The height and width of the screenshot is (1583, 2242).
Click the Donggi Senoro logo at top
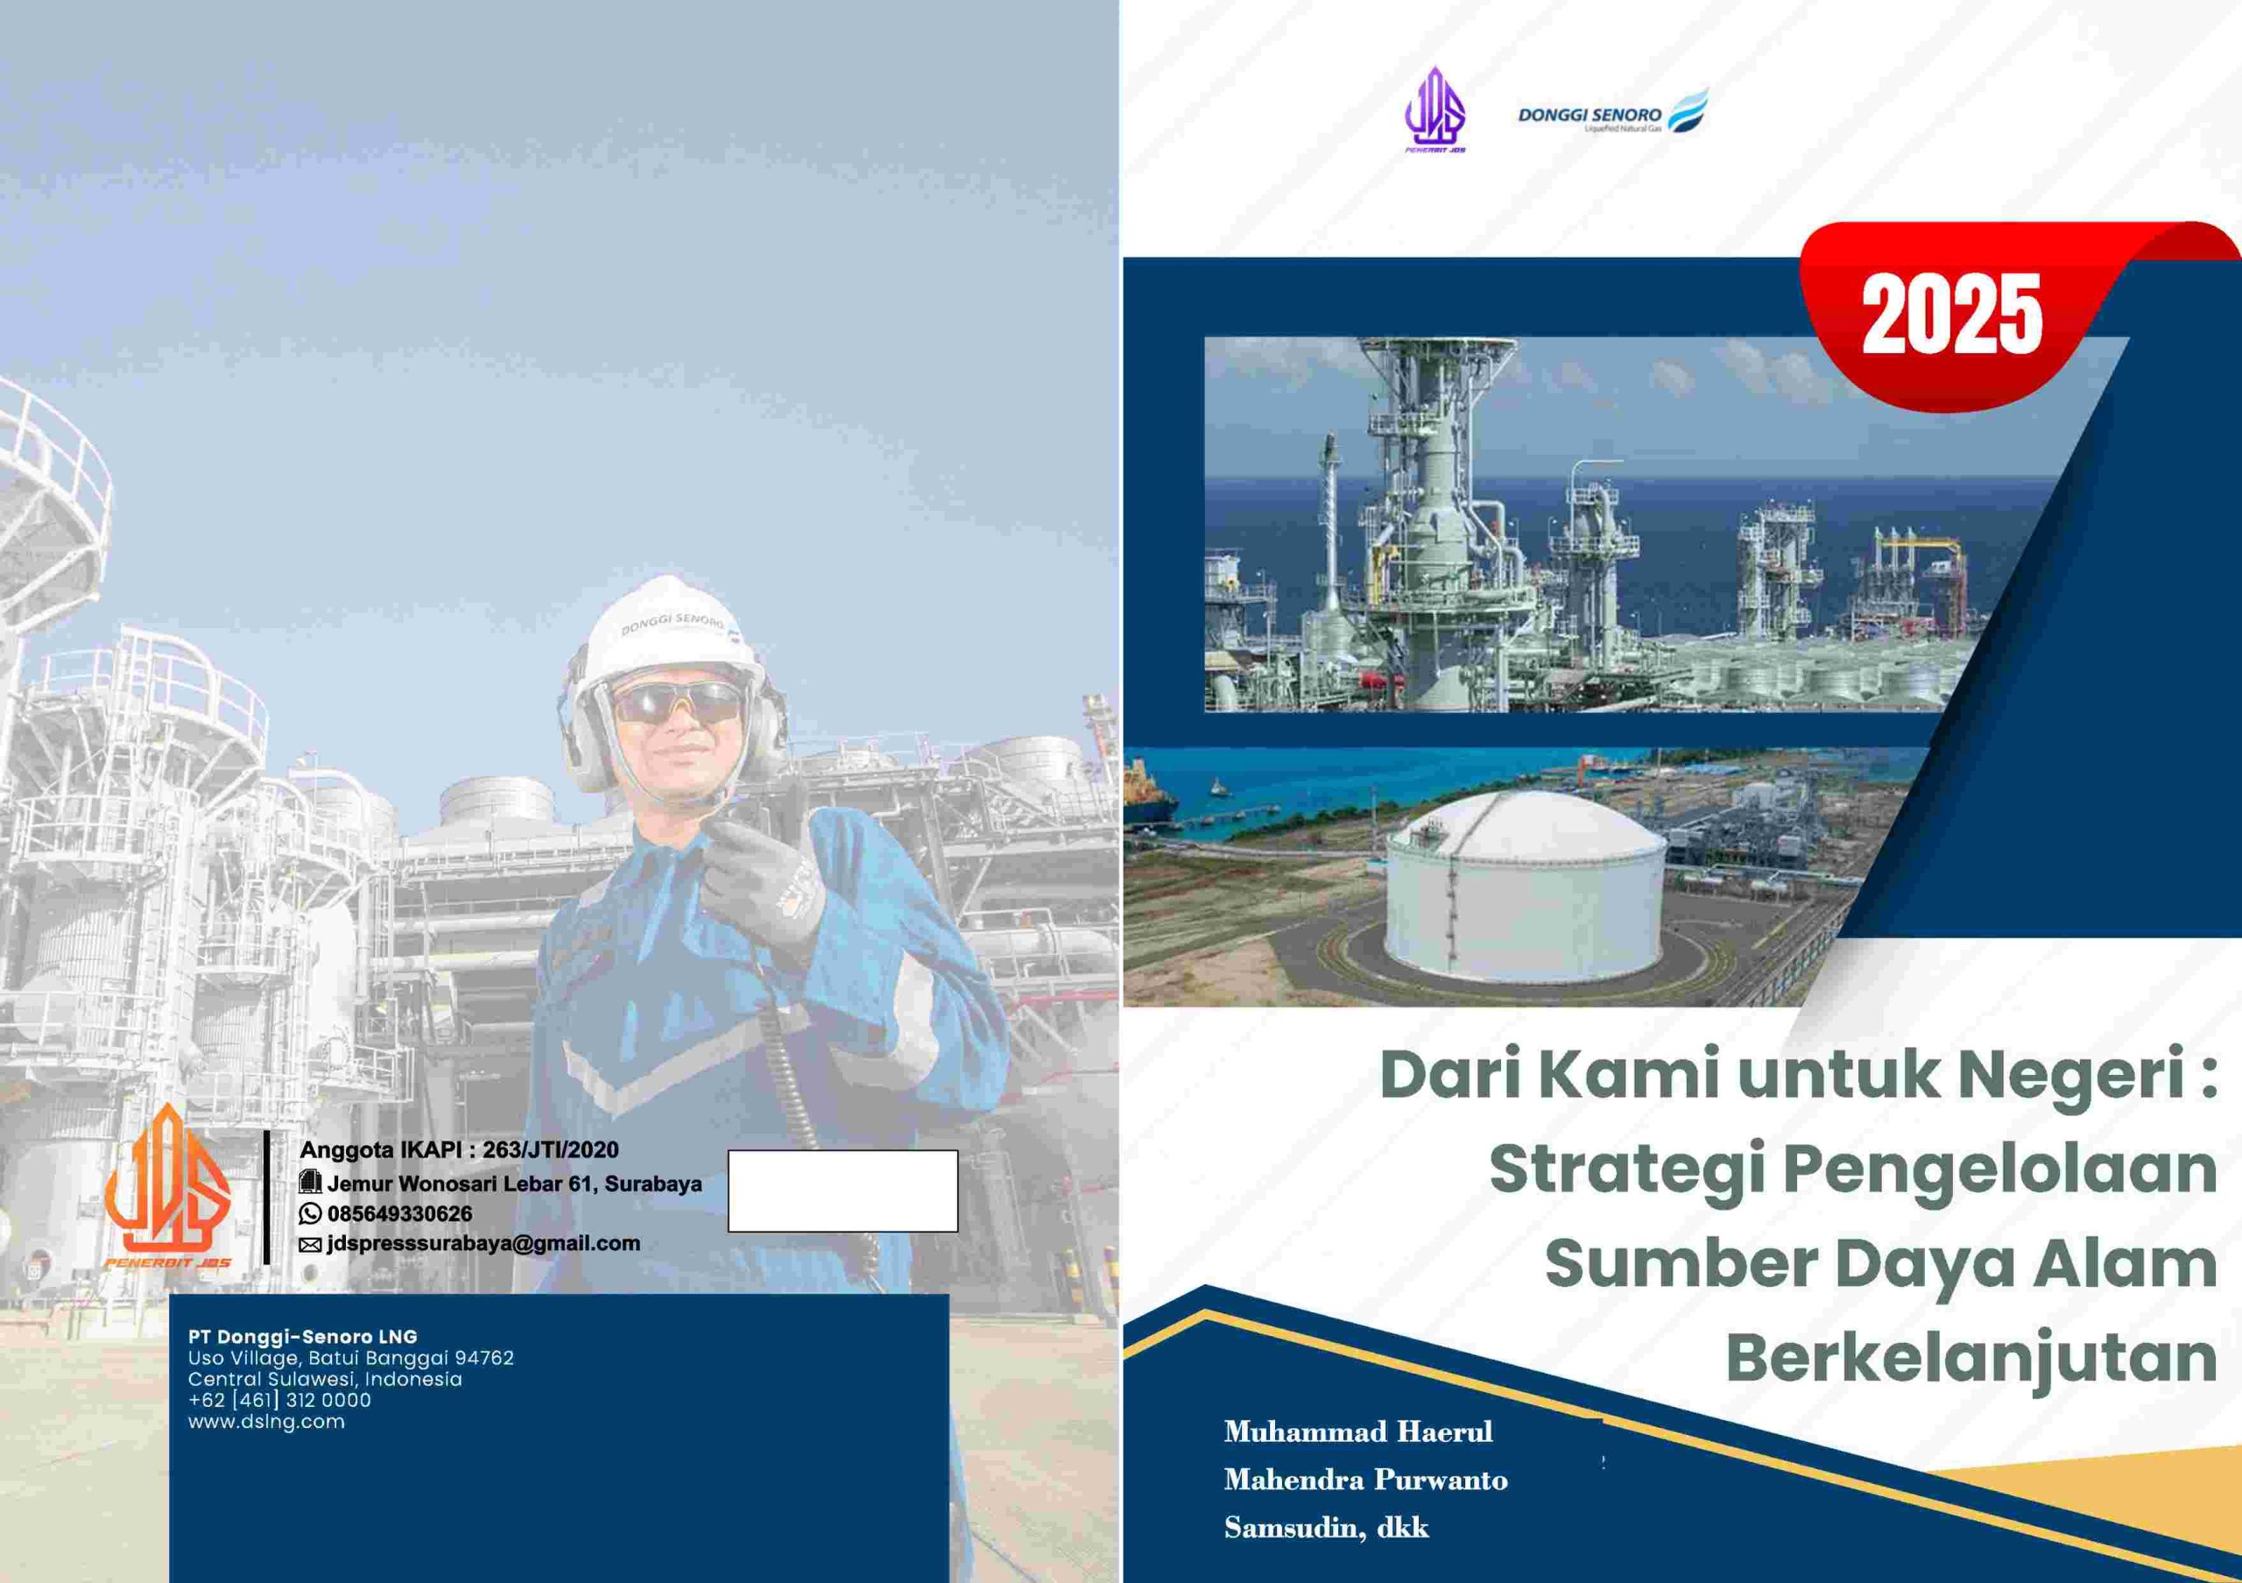(x=1612, y=110)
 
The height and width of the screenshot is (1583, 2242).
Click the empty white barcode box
(x=843, y=1191)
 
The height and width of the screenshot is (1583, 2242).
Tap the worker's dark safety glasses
(x=677, y=701)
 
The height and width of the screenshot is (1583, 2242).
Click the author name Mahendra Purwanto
(x=1366, y=1480)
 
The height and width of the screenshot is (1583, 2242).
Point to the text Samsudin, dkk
(x=1326, y=1529)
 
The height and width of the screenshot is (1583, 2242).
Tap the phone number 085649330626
(x=399, y=1214)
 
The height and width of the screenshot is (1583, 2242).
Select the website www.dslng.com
(x=266, y=1422)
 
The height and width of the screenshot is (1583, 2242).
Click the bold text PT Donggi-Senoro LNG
(x=303, y=1337)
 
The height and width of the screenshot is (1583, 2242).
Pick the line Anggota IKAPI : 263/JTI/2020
(x=459, y=1150)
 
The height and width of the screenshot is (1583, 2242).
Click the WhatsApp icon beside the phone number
(x=311, y=1214)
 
